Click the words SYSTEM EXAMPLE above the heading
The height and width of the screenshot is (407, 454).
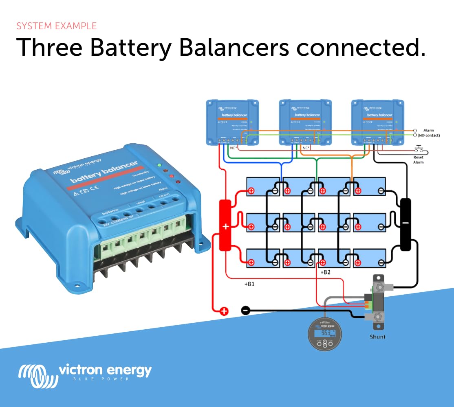[56, 26]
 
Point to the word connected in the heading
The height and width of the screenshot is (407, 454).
[361, 48]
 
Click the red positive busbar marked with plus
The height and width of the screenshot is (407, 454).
[225, 225]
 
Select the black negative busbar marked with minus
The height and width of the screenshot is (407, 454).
[406, 224]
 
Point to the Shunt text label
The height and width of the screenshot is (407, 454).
[377, 337]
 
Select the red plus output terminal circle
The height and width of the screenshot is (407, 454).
[224, 311]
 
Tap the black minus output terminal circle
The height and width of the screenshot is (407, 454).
[245, 311]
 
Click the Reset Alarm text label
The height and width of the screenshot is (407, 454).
[418, 160]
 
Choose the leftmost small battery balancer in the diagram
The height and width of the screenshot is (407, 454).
[232, 122]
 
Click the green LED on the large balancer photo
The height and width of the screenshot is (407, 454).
[159, 166]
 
